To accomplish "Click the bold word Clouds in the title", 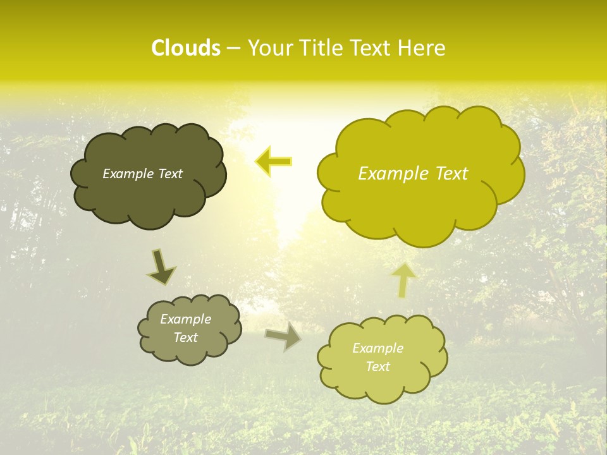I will [185, 48].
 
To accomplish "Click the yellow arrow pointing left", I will [274, 162].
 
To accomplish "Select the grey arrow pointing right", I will [284, 336].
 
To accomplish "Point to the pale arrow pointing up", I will [404, 279].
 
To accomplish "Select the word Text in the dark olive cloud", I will [170, 174].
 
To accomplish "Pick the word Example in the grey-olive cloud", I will [186, 319].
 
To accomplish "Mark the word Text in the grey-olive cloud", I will [186, 337].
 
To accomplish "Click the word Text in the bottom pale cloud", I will [378, 367].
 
